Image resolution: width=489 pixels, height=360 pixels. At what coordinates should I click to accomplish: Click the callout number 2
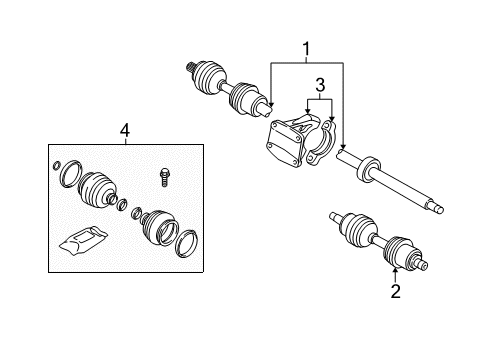(396, 291)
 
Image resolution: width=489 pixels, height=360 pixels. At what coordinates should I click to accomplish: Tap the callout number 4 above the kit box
(124, 129)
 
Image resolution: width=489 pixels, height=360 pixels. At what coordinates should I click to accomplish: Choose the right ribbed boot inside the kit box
(156, 226)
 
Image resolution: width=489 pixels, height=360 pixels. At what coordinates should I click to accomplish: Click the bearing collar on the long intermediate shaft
(370, 165)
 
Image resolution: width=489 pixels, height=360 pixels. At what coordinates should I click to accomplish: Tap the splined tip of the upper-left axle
(189, 66)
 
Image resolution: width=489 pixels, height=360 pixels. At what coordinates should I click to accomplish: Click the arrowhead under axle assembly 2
(396, 271)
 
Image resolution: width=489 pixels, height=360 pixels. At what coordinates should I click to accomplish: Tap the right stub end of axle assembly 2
(426, 265)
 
